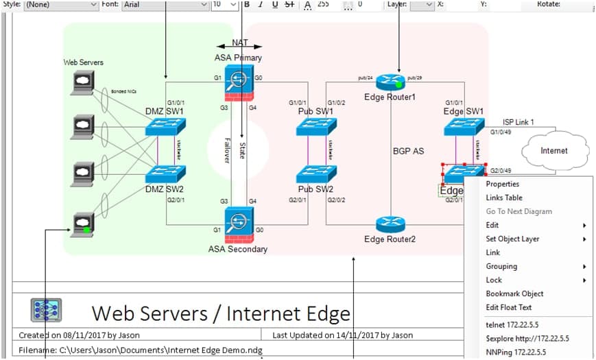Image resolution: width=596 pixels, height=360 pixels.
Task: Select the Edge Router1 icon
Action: (x=390, y=82)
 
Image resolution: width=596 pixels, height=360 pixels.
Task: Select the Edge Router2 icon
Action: (x=390, y=224)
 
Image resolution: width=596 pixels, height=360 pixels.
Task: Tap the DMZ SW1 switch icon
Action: (x=165, y=126)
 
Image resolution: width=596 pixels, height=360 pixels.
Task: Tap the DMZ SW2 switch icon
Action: (x=165, y=173)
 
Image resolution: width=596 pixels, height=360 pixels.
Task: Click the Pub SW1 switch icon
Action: (x=316, y=126)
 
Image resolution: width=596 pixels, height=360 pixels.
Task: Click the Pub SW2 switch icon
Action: (x=316, y=173)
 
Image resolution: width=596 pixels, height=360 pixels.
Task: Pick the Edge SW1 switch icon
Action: (x=464, y=126)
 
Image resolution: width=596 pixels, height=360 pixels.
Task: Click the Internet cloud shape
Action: (x=555, y=150)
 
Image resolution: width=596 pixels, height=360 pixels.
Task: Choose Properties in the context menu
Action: (x=502, y=184)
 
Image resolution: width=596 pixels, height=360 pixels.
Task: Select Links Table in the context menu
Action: (x=503, y=197)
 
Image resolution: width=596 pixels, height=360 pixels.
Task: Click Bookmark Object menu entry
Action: (x=514, y=293)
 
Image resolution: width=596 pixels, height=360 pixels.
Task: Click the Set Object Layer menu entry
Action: (x=512, y=239)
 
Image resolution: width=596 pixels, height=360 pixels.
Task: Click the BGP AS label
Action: (x=408, y=152)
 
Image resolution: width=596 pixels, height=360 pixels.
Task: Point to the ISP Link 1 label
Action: (x=518, y=122)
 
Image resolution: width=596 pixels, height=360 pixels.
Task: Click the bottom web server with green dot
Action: (x=82, y=223)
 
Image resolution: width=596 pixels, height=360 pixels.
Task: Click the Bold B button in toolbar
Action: (x=246, y=4)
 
